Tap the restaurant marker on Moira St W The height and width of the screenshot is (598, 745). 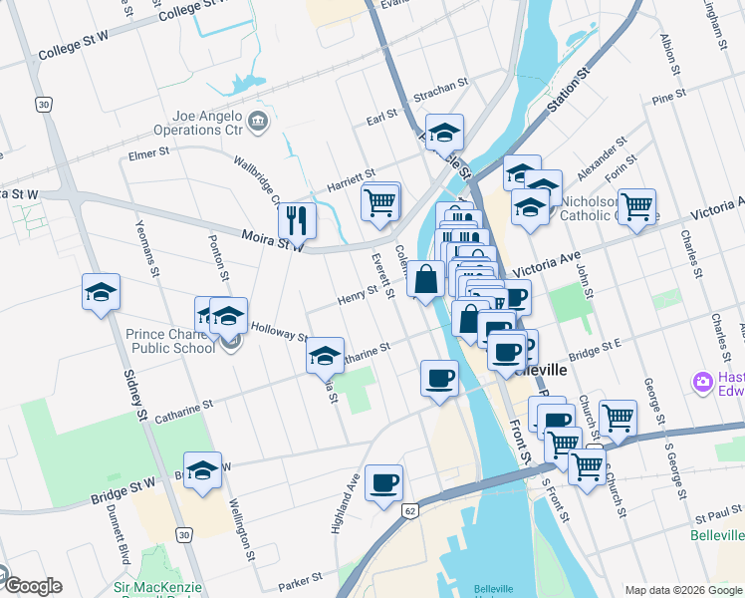[x=297, y=219]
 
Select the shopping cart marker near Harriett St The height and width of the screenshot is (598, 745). [x=379, y=201]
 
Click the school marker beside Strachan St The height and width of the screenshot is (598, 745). [x=444, y=132]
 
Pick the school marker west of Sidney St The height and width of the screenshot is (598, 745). [x=101, y=293]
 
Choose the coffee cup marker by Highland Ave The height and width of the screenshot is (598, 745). [x=383, y=484]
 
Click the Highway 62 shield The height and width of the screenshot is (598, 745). [x=409, y=510]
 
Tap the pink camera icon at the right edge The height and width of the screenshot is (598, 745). [x=704, y=381]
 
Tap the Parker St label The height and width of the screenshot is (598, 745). [x=302, y=578]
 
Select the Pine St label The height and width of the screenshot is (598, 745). [x=669, y=98]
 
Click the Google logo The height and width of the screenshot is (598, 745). [x=32, y=586]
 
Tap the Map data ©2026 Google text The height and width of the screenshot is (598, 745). [x=683, y=590]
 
